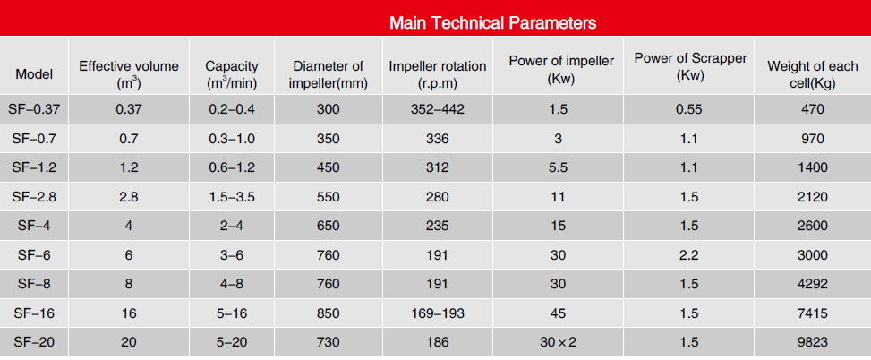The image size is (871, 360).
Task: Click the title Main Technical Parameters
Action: [492, 23]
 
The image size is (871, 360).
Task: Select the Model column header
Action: [34, 74]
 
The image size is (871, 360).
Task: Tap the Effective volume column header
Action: [129, 74]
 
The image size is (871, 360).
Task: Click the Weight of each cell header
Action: [813, 74]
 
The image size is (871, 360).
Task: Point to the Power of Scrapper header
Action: [690, 66]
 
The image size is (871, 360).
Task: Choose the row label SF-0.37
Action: [34, 109]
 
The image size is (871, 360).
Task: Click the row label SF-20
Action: [34, 342]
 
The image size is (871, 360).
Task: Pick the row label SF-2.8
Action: [34, 197]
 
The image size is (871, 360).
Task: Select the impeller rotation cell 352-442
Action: [438, 109]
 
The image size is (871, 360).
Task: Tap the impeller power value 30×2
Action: [558, 342]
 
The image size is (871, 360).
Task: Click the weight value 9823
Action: [813, 342]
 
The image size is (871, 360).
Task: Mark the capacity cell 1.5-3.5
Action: [232, 197]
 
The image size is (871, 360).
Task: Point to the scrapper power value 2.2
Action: [688, 255]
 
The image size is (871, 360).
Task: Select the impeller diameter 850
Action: [328, 313]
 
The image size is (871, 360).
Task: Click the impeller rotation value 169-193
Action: [438, 313]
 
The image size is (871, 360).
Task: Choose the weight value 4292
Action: [813, 284]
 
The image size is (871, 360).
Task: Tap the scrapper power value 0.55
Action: [688, 109]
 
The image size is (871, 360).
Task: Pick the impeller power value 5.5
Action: [558, 167]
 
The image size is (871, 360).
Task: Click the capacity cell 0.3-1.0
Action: [232, 138]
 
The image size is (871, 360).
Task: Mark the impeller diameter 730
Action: [328, 342]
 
